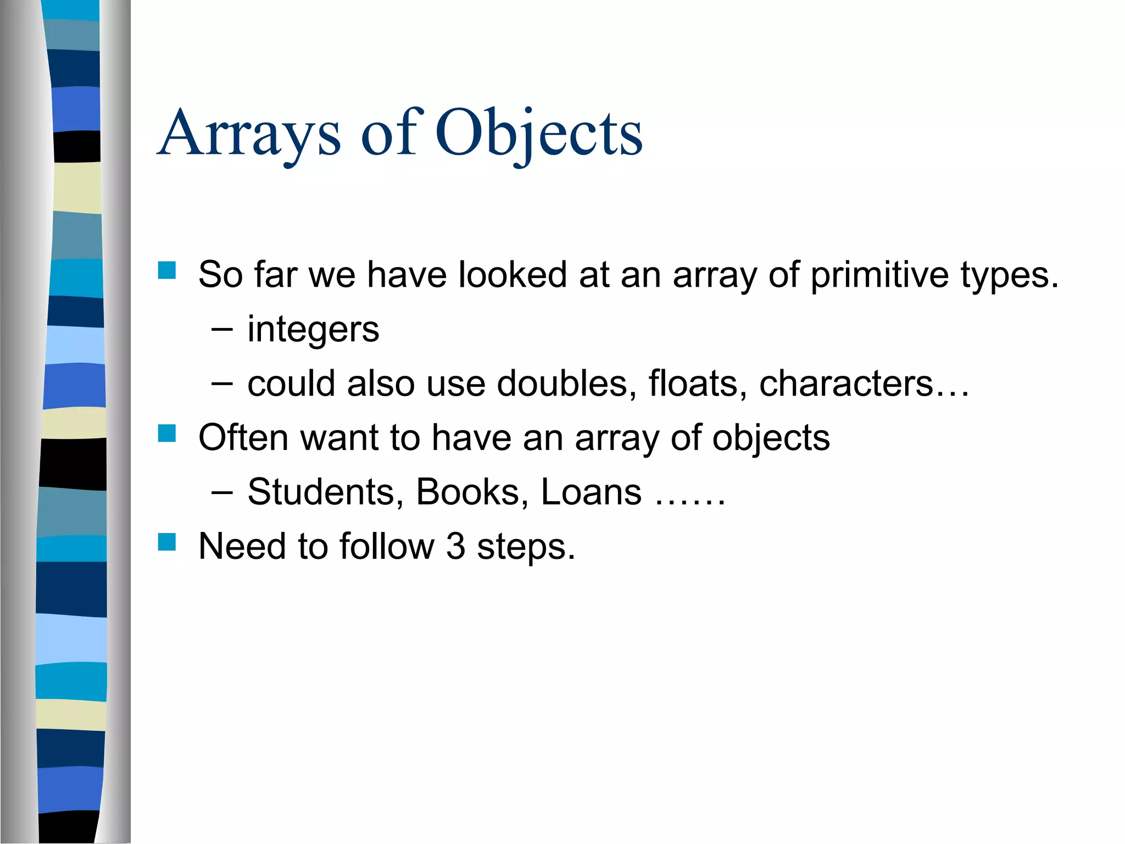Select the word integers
[x=313, y=330]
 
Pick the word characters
[x=846, y=383]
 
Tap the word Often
[x=243, y=438]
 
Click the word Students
[x=321, y=492]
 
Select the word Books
[x=467, y=492]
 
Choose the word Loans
[x=591, y=492]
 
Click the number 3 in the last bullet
[x=455, y=547]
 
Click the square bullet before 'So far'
[x=166, y=270]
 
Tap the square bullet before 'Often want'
[x=166, y=434]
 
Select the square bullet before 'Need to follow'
[x=166, y=542]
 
